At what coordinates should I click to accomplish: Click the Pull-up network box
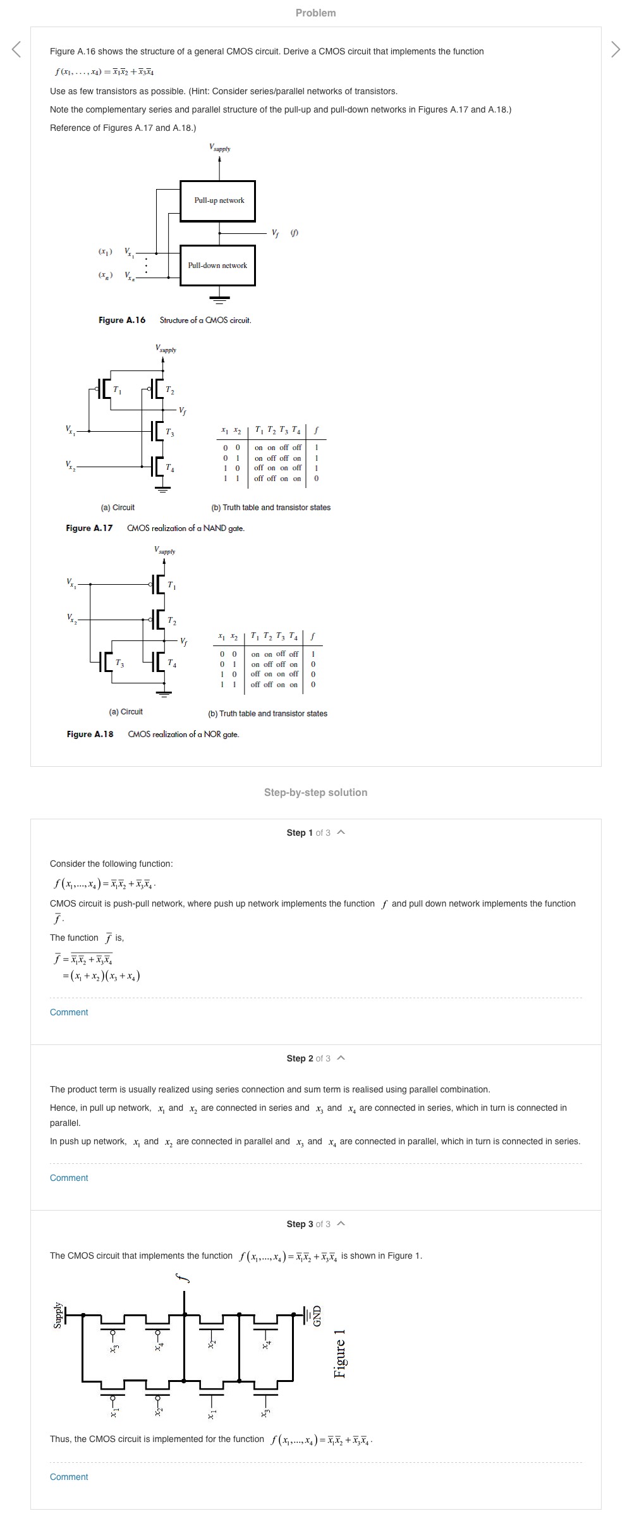point(218,200)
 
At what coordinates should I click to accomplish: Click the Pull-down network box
point(218,266)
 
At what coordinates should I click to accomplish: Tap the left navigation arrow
point(17,49)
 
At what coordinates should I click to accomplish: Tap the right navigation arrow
point(616,49)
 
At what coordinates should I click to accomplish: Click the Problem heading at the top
point(315,13)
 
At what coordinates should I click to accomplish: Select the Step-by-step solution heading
point(315,792)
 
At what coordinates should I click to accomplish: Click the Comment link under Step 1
point(69,1012)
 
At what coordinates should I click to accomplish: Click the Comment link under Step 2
point(69,1178)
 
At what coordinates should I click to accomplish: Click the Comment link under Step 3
point(69,1477)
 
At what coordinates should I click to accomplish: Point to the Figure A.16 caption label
point(122,320)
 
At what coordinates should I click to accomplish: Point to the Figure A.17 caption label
point(89,528)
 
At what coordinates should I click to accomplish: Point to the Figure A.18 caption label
point(90,734)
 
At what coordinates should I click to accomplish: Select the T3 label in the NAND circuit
point(169,432)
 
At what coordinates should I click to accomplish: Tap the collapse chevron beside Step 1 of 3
point(341,832)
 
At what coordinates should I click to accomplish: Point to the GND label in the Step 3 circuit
point(317,1316)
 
